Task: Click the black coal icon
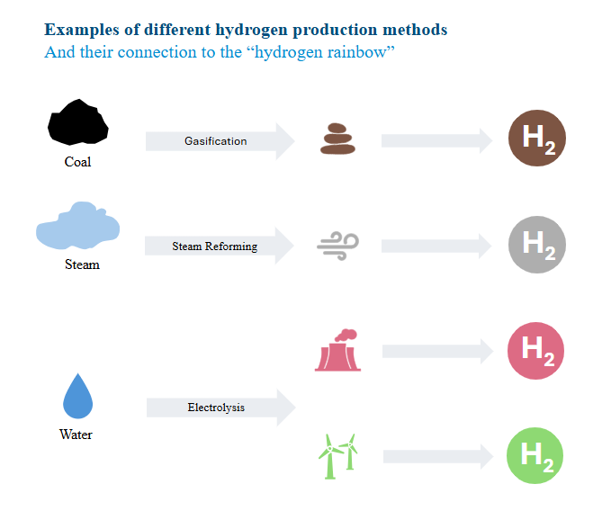pyautogui.click(x=77, y=122)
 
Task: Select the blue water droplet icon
pyautogui.click(x=77, y=396)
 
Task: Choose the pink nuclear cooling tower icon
pyautogui.click(x=337, y=350)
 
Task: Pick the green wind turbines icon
pyautogui.click(x=338, y=456)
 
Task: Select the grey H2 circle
pyautogui.click(x=537, y=244)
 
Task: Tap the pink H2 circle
pyautogui.click(x=536, y=350)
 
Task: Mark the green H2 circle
pyautogui.click(x=536, y=456)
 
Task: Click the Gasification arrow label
pyautogui.click(x=216, y=141)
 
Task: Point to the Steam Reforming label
pyautogui.click(x=214, y=247)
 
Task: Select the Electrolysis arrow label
pyautogui.click(x=216, y=408)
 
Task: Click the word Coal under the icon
pyautogui.click(x=77, y=163)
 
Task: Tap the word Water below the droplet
pyautogui.click(x=76, y=435)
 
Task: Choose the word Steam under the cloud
pyautogui.click(x=82, y=265)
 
